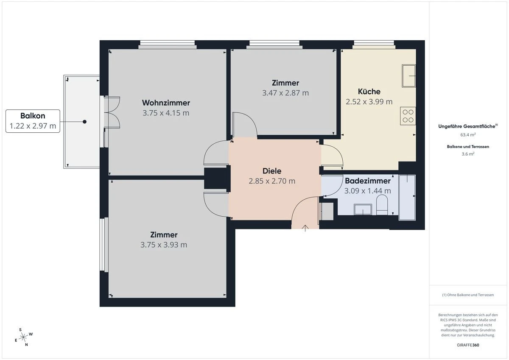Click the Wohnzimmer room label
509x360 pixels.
click(166, 103)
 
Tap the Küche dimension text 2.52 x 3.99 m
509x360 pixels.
click(369, 102)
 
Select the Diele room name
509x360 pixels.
click(272, 171)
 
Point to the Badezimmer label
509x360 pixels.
click(367, 181)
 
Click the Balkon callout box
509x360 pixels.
click(33, 121)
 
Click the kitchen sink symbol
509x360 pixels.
click(408, 75)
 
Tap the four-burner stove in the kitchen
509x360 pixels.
click(408, 116)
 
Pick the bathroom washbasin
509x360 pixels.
click(363, 209)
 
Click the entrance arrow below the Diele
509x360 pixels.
click(305, 229)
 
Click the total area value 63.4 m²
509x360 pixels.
click(468, 135)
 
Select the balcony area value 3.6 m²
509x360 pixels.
click(468, 154)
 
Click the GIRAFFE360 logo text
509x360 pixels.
click(468, 345)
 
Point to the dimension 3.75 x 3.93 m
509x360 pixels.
click(164, 245)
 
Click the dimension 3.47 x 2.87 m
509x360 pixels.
click(285, 93)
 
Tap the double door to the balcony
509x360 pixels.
click(112, 112)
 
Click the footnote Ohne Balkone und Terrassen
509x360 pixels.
click(468, 295)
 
